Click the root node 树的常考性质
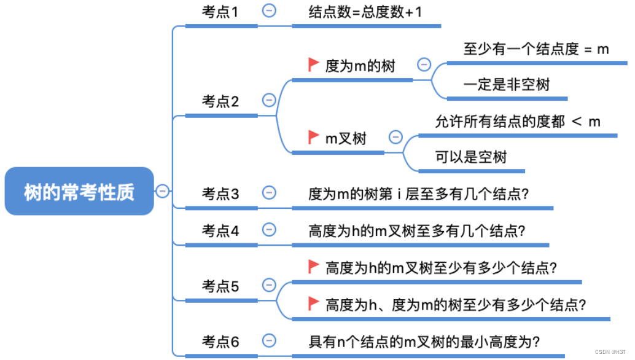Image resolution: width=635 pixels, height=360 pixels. click(x=79, y=192)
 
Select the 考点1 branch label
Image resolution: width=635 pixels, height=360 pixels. click(x=220, y=12)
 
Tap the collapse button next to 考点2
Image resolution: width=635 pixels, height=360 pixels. click(x=268, y=100)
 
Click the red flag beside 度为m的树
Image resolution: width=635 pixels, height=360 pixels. click(x=313, y=64)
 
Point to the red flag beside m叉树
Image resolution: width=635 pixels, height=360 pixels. click(x=313, y=136)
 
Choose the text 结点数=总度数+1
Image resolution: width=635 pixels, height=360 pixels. click(x=365, y=12)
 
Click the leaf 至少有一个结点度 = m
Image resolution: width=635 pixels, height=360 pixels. click(x=536, y=49)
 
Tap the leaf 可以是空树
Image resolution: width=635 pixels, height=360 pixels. click(x=471, y=157)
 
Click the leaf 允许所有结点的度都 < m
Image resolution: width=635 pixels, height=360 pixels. click(x=518, y=121)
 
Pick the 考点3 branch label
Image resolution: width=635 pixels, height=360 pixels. click(x=220, y=194)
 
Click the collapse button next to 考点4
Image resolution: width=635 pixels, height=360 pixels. click(x=268, y=230)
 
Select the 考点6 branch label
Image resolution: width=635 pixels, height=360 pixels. click(x=220, y=342)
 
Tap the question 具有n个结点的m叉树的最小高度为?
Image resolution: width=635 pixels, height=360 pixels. click(x=424, y=342)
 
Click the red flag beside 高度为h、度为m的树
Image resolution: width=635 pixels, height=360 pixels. click(x=313, y=302)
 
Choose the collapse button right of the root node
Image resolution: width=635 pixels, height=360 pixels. click(x=162, y=191)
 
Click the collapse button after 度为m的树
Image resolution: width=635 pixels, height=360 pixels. click(x=424, y=65)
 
